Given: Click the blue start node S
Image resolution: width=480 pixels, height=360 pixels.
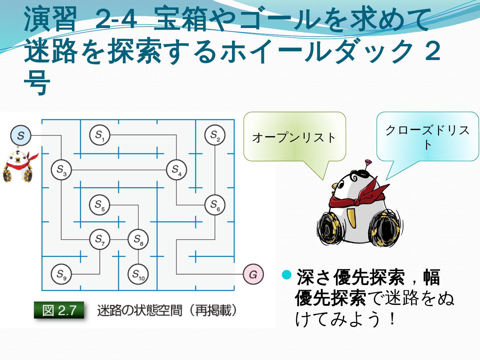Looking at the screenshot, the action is click(x=21, y=136).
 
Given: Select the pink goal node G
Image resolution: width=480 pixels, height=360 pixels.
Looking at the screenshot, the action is click(x=253, y=274).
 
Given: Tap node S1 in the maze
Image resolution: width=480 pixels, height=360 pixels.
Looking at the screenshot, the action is click(x=100, y=135).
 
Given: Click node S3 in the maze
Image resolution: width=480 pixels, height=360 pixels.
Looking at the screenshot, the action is click(x=61, y=170).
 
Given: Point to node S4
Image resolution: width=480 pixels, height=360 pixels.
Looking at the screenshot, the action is click(x=176, y=170).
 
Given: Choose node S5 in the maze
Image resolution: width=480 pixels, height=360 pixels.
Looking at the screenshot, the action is click(x=100, y=205).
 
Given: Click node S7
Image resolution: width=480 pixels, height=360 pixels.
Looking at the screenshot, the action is click(x=100, y=239).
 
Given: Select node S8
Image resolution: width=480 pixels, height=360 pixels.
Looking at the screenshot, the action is click(x=138, y=239).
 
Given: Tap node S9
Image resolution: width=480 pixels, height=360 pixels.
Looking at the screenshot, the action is click(x=61, y=274).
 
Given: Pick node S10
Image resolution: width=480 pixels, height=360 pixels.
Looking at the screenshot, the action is click(x=138, y=274).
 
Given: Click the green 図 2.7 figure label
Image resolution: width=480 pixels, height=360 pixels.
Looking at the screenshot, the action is click(x=59, y=311).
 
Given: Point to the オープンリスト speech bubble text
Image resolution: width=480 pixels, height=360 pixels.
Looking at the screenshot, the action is click(x=294, y=138).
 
